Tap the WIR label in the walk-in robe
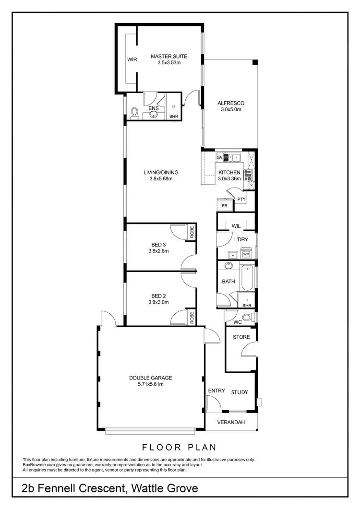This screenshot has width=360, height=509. [x=132, y=60]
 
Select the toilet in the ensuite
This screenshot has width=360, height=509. [x=135, y=113]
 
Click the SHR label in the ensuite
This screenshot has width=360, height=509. [x=173, y=117]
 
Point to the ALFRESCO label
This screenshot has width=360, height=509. [x=231, y=103]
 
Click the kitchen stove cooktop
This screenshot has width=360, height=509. [x=248, y=174]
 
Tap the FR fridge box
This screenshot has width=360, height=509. [x=224, y=205]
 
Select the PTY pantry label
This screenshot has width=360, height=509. [x=241, y=199]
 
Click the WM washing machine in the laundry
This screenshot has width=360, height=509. [x=246, y=254]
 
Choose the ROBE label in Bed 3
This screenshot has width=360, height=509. [x=192, y=232]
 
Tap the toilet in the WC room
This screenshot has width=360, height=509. [x=248, y=317]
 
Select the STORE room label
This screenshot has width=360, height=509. [x=241, y=337]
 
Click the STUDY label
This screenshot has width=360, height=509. [x=240, y=392]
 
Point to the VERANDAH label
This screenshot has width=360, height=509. [x=231, y=422]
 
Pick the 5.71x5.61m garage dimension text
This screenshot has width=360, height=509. [x=150, y=384]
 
